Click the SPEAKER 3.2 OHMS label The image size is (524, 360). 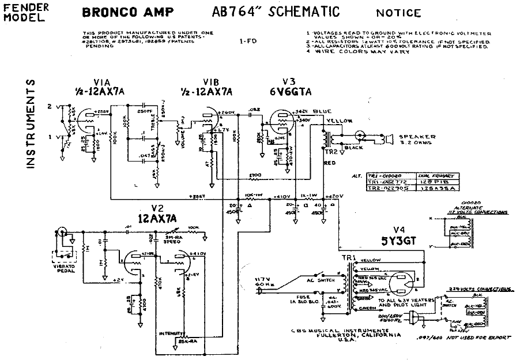tap(417, 140)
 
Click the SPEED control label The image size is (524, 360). tap(173, 243)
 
